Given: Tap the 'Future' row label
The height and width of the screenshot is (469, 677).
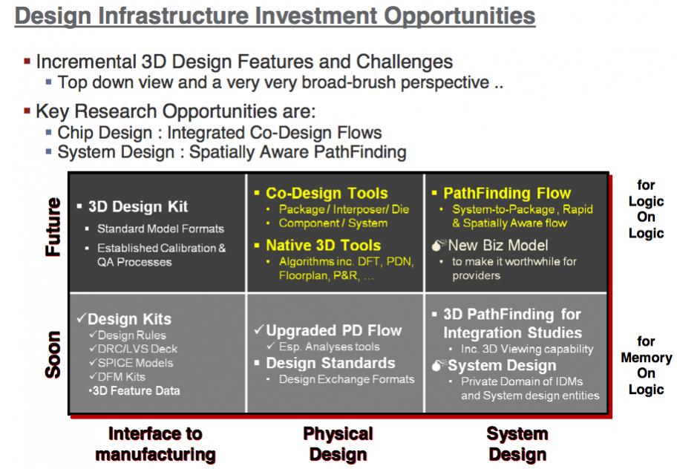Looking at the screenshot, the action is click(x=53, y=227).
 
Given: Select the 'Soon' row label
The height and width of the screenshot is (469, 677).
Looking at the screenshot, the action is click(x=53, y=355).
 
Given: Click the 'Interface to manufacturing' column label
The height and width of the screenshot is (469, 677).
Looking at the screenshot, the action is click(x=155, y=444).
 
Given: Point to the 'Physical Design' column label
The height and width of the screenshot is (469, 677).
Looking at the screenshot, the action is click(x=338, y=444).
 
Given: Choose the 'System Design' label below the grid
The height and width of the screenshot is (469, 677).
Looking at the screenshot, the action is click(x=517, y=444).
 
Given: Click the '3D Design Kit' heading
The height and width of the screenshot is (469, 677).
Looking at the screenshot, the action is click(x=138, y=206).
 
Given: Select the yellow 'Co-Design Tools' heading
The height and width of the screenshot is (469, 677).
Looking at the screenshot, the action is click(x=327, y=193).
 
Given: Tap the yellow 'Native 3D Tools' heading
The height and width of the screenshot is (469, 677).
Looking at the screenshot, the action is click(x=324, y=245).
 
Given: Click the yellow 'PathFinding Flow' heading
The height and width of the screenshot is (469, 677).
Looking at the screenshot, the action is click(x=507, y=193).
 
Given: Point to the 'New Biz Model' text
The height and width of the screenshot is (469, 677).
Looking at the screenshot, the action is click(x=498, y=246).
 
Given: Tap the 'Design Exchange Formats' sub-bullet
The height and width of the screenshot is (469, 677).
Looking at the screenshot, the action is click(x=347, y=379).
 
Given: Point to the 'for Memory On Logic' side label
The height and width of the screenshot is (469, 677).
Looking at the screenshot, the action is click(x=646, y=365).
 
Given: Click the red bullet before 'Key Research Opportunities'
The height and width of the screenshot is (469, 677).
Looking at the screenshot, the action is click(x=27, y=111).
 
